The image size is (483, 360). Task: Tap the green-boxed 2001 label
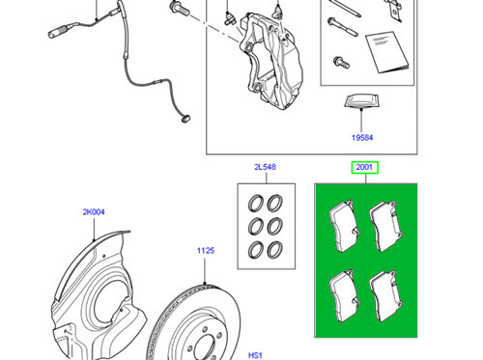pyautogui.click(x=364, y=168)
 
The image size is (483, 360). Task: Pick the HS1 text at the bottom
pyautogui.click(x=255, y=353)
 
